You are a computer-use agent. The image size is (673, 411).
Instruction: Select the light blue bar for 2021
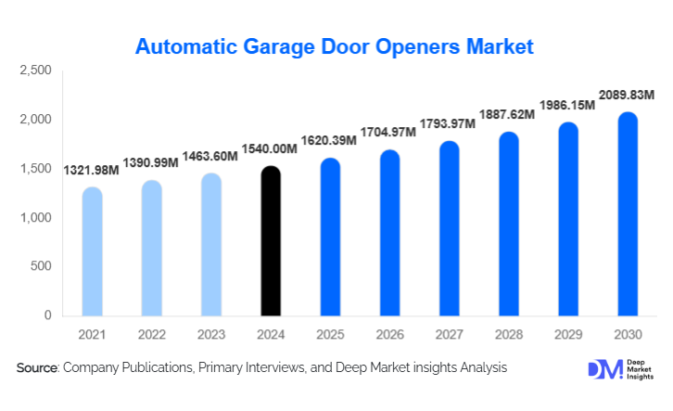pos(92,251)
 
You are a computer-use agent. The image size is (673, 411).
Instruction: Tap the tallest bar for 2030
pos(627,214)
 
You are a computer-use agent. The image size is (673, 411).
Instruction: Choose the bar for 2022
pos(151,248)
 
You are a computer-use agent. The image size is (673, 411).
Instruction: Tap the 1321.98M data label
pos(92,171)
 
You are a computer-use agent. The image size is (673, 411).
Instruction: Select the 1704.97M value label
pos(389,135)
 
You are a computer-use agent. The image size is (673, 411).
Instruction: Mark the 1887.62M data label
pos(508,115)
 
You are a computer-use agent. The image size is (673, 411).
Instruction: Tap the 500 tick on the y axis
pos(41,267)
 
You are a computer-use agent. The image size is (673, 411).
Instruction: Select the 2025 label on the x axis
pos(330,333)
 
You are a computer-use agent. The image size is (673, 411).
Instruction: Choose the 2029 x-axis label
pos(567,333)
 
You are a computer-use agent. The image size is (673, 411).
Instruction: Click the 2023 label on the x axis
pos(210,333)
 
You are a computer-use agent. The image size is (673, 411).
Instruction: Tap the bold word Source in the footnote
pos(38,368)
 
